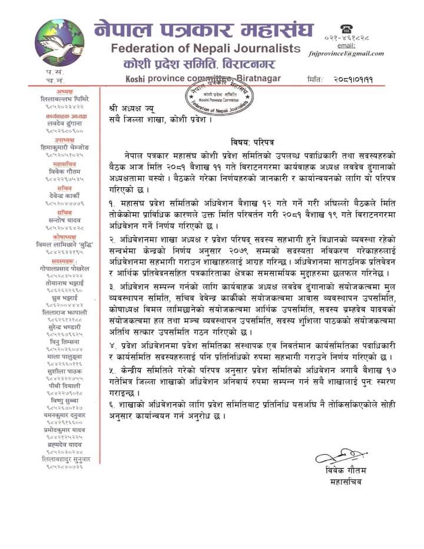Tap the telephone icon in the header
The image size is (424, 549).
(x=346, y=28)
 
